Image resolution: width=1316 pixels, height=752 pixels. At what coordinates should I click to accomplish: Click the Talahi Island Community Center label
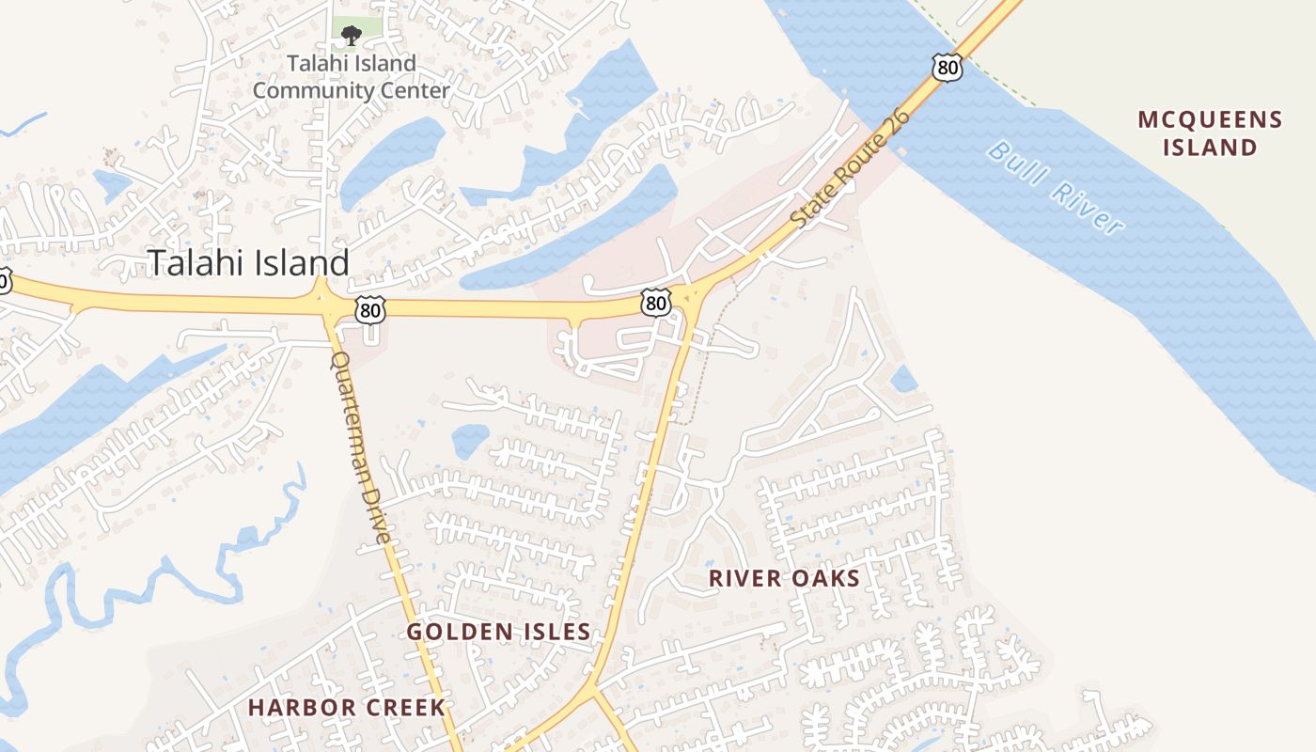[351, 77]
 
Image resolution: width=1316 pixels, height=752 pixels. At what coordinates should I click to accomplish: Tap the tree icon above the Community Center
[351, 37]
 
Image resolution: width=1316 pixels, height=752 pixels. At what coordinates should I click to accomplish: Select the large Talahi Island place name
[249, 262]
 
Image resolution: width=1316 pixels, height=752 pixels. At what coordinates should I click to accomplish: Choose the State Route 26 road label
[851, 169]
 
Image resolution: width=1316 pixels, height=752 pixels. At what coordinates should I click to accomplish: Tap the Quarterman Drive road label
[359, 447]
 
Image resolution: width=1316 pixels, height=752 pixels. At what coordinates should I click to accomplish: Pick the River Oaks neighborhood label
[784, 578]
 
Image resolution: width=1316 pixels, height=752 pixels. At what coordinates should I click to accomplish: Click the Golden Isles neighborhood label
[498, 632]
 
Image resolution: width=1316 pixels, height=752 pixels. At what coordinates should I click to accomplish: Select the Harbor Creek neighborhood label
[346, 708]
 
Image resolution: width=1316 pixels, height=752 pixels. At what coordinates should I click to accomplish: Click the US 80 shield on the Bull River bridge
[948, 67]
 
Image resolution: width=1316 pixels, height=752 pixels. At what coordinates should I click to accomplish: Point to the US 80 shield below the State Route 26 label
[656, 302]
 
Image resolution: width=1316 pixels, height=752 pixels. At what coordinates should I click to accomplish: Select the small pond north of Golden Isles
[469, 439]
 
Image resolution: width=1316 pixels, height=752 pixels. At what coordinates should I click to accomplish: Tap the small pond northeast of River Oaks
[903, 379]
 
